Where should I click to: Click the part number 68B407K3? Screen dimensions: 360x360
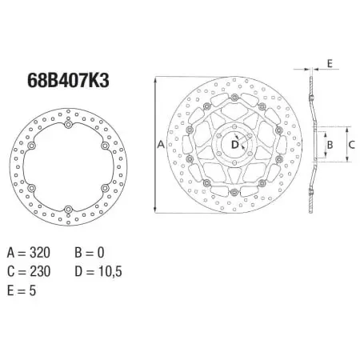(68, 80)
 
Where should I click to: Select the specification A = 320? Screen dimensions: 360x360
(29, 253)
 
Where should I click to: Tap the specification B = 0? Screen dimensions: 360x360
(90, 253)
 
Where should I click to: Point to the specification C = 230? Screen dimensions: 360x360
(29, 271)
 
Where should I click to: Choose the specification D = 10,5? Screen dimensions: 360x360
(98, 271)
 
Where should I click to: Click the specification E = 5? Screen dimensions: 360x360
(22, 290)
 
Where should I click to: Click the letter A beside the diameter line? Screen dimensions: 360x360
(161, 144)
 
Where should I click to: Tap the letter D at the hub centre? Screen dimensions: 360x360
(234, 145)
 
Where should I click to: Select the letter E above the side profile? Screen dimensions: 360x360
(330, 63)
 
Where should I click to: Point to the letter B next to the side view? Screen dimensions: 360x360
(330, 145)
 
